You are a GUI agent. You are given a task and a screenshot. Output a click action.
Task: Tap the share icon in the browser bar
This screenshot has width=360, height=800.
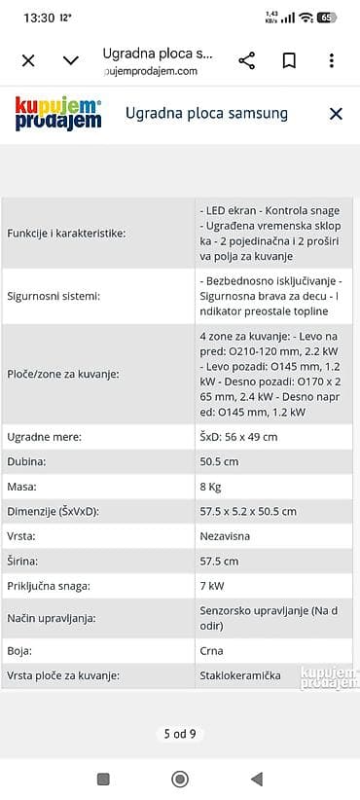(247, 60)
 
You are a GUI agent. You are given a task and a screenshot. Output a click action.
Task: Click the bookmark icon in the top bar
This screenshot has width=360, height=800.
(289, 60)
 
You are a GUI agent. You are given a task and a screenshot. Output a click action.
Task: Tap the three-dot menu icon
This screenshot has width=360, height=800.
(332, 60)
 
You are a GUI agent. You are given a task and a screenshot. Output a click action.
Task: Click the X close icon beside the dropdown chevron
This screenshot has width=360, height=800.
(28, 60)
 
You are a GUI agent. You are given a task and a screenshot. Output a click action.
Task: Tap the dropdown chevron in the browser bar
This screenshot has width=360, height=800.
(71, 60)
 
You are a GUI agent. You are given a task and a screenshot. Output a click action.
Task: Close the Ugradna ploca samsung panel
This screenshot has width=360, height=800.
(336, 114)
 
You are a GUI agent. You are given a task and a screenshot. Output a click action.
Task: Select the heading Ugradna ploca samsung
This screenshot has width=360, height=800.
(207, 114)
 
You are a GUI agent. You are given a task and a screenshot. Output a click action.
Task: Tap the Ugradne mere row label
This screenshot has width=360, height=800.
(44, 437)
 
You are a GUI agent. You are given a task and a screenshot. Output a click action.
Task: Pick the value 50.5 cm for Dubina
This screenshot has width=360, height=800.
(219, 462)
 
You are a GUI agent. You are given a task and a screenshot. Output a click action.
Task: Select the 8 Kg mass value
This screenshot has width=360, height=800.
(211, 487)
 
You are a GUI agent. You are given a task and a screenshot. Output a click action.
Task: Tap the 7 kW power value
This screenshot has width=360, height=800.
(211, 586)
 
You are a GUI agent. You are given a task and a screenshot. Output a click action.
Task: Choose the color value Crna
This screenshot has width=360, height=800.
(211, 651)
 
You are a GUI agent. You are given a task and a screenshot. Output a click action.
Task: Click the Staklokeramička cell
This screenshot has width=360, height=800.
(241, 675)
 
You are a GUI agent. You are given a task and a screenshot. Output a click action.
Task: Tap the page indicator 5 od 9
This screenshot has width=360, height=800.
(180, 734)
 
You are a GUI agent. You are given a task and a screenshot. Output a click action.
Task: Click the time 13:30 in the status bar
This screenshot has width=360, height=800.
(39, 18)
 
